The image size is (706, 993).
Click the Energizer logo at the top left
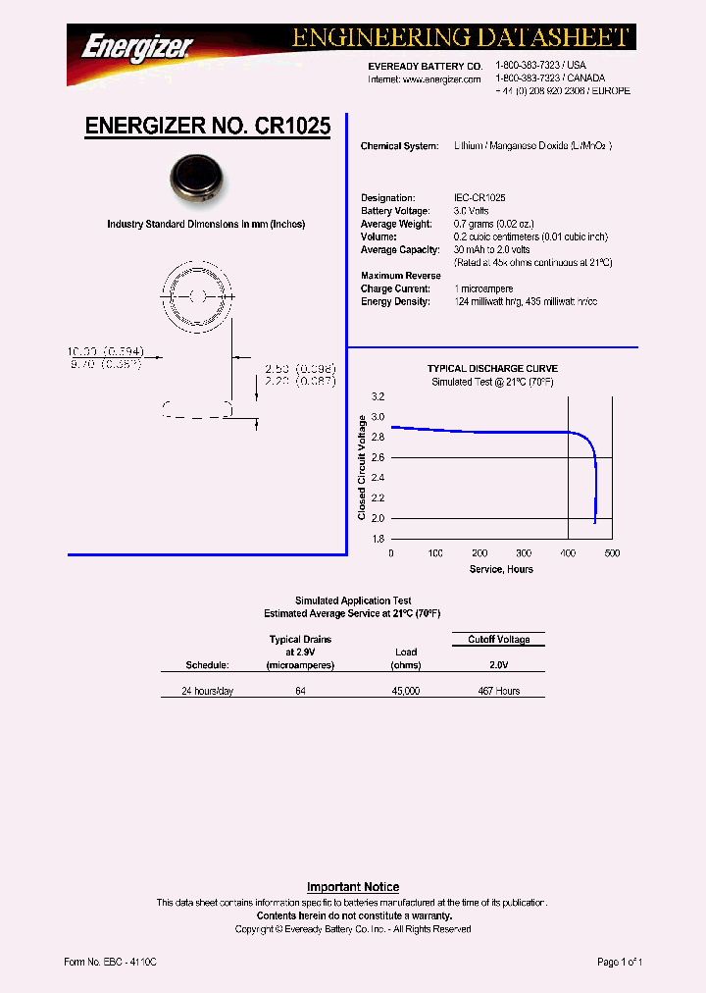point(136,47)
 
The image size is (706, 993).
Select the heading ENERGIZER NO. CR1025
point(208,127)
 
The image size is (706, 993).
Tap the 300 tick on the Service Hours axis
point(525,553)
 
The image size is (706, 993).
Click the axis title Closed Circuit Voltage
point(362,467)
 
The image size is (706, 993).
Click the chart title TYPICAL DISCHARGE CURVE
point(492,369)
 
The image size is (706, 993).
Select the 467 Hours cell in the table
point(498,691)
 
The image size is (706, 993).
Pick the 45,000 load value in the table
point(406,691)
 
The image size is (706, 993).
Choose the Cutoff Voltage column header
point(498,640)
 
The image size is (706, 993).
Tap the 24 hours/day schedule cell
point(208,691)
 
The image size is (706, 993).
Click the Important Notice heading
point(353,887)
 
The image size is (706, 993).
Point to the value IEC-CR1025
point(479,198)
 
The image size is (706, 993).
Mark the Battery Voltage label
point(395,211)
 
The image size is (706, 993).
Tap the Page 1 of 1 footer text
point(620,963)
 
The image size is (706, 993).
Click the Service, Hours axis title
point(501,569)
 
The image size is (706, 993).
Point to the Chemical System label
point(399,146)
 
